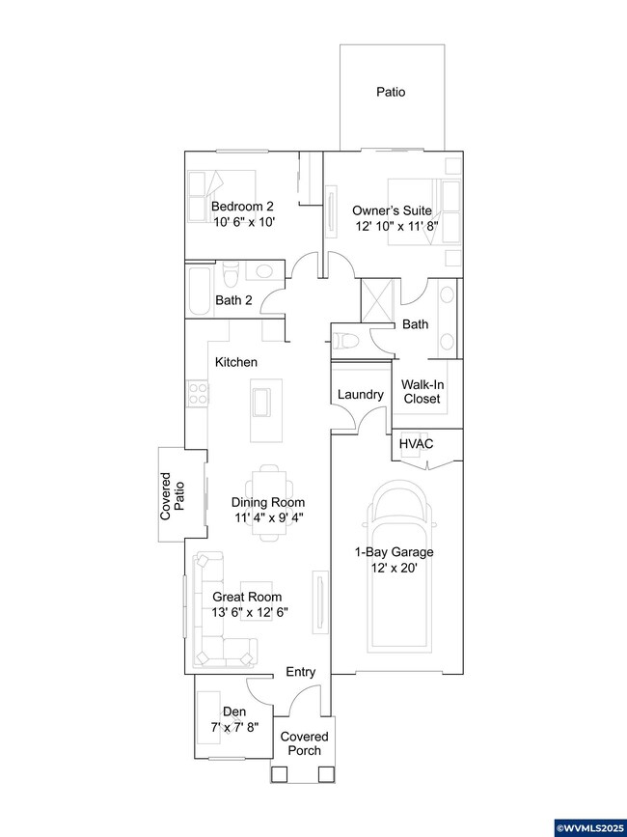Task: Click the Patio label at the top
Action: coord(391,94)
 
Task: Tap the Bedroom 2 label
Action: coord(243,207)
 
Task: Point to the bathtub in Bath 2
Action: coord(199,292)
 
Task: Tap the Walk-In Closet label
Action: coord(421,391)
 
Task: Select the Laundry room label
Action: coord(361,395)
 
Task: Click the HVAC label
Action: coord(416,443)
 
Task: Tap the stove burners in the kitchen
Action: coord(198,392)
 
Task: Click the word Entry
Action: coord(301,672)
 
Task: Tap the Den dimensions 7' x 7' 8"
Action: coord(234,726)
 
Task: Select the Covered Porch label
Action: coord(304,743)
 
